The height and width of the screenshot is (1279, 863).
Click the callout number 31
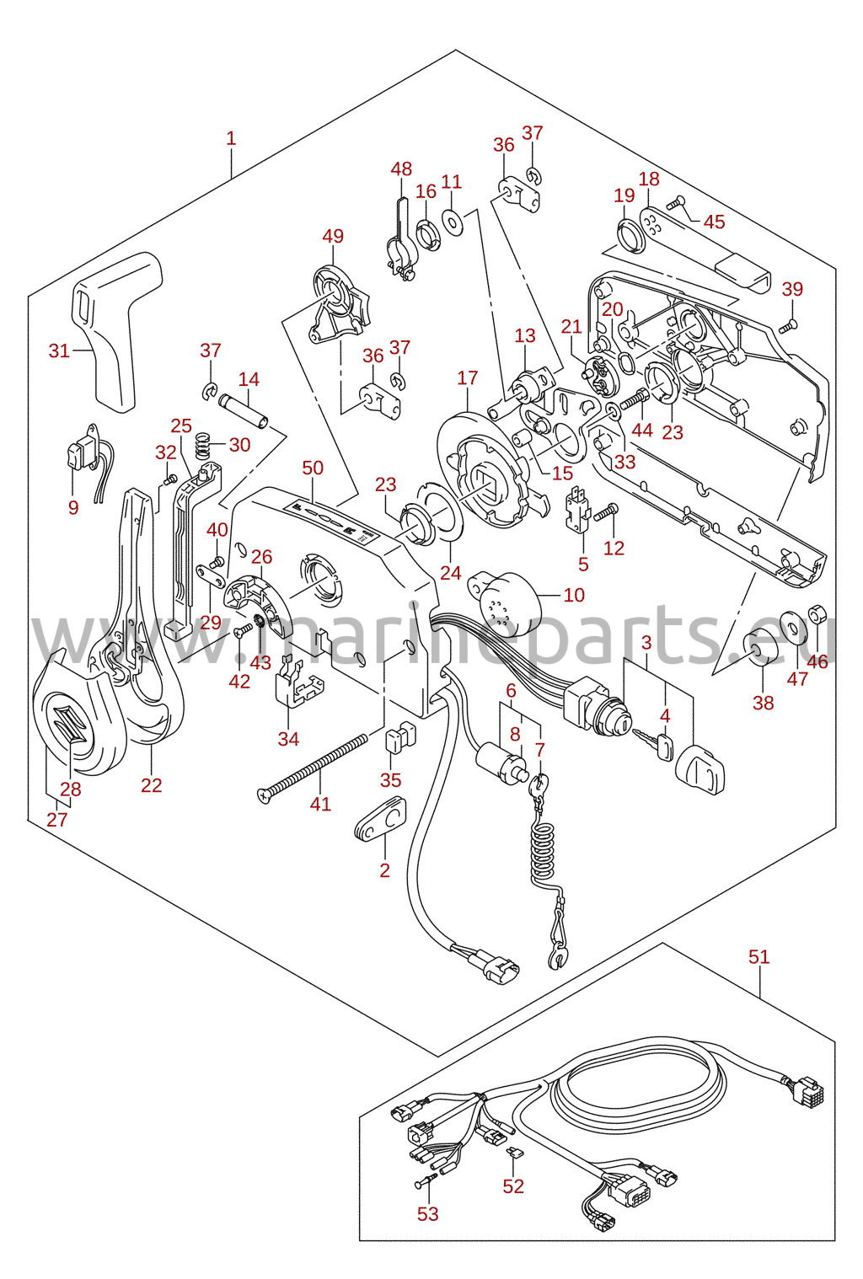click(x=59, y=350)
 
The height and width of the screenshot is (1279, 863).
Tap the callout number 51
click(x=759, y=955)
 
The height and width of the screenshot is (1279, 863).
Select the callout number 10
click(x=574, y=594)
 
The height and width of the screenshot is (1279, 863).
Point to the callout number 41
click(x=320, y=803)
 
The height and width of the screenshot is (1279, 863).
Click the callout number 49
click(x=333, y=236)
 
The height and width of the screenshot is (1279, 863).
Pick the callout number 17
click(x=467, y=377)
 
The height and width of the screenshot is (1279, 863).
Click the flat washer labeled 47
click(x=793, y=626)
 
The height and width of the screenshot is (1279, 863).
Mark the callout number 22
click(x=152, y=784)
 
